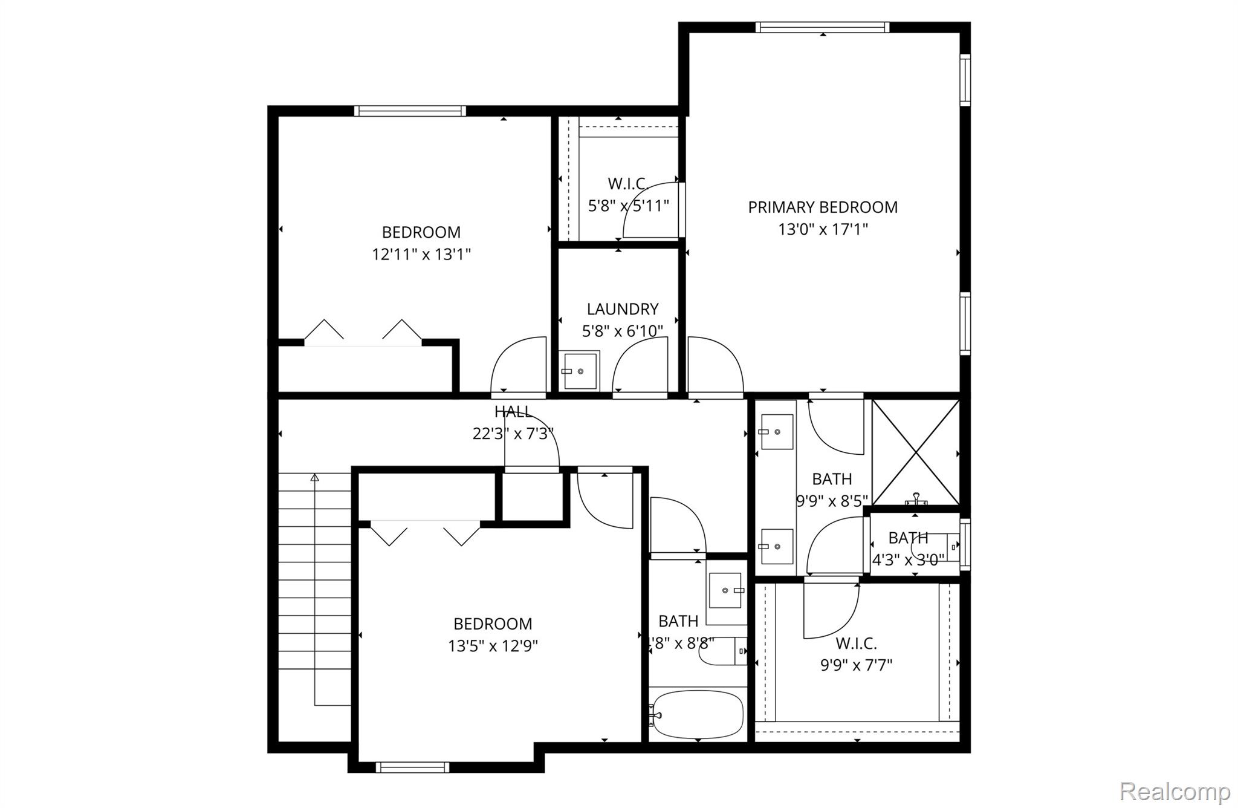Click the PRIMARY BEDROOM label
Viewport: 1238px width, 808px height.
[x=822, y=207]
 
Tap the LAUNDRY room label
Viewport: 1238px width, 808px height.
[x=622, y=309]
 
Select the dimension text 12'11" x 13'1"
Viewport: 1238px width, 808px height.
[x=421, y=254]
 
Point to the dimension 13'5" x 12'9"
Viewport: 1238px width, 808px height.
[x=493, y=646]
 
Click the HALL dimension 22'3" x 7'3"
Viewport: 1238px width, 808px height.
[x=513, y=434]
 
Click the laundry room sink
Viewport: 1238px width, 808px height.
[x=580, y=371]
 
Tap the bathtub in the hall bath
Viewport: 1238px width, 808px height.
[x=698, y=715]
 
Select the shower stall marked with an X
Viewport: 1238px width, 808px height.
[x=916, y=452]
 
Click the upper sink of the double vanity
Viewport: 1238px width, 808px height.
[x=777, y=432]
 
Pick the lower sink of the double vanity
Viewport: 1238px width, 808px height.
[x=777, y=546]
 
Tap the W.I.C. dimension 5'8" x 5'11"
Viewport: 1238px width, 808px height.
[x=628, y=206]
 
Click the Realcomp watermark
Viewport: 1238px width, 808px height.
[x=1174, y=791]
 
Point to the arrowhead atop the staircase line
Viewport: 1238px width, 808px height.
[x=314, y=478]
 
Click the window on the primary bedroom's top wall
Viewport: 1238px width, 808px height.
[x=822, y=27]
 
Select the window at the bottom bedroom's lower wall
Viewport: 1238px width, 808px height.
[x=412, y=767]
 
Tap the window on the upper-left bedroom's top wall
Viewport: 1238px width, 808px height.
[x=410, y=111]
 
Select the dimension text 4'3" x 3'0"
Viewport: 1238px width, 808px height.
[x=908, y=560]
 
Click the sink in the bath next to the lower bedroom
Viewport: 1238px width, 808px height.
[x=725, y=590]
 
